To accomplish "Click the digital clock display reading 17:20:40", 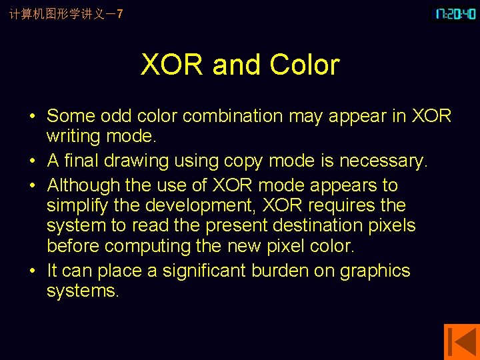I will [x=456, y=14].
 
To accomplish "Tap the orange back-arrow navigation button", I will [x=461, y=341].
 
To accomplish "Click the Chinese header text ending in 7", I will [x=66, y=14].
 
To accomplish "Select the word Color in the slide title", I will [x=305, y=65].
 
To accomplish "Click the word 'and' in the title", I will [x=235, y=65].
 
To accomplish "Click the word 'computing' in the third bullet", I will [x=147, y=246].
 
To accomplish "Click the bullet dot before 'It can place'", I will [x=32, y=271].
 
